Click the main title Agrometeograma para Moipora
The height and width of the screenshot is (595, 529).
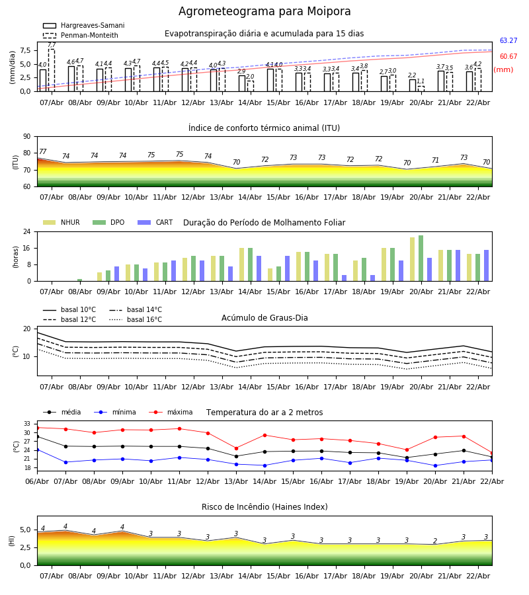tap(264, 12)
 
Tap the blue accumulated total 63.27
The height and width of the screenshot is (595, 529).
tap(508, 41)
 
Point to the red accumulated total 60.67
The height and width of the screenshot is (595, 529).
tap(508, 57)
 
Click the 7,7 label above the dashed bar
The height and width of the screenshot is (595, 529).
tap(52, 45)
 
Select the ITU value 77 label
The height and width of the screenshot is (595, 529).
tap(43, 152)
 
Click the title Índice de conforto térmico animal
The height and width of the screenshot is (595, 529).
tap(264, 128)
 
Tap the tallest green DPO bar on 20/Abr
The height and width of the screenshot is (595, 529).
tap(421, 258)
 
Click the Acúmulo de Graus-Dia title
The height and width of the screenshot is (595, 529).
tap(264, 318)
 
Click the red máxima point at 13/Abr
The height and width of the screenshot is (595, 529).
tap(236, 448)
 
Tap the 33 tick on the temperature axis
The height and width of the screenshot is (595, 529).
tap(27, 424)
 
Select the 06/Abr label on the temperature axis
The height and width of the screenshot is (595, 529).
tap(37, 481)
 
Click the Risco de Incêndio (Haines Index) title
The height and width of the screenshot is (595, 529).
tap(264, 507)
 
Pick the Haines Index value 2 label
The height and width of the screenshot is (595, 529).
tap(435, 541)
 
